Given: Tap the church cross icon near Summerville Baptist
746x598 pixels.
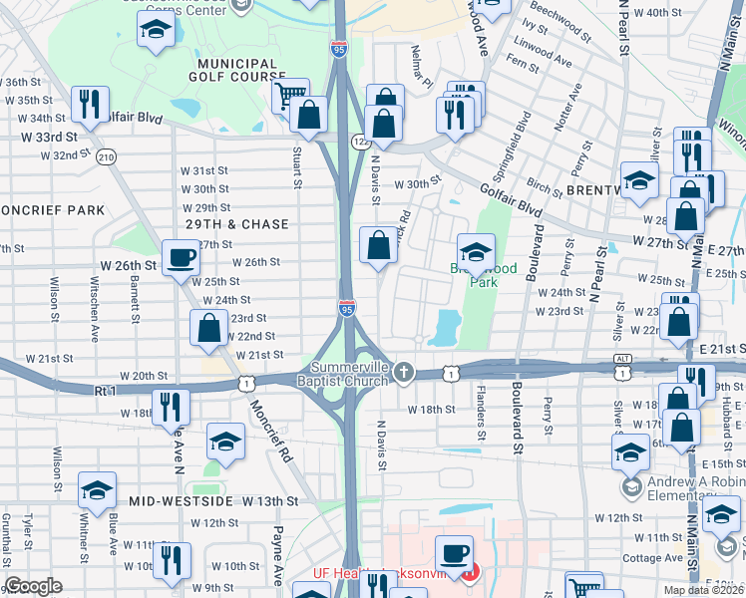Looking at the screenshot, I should click(x=403, y=373).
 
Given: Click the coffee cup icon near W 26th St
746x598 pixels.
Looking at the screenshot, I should click(x=182, y=258).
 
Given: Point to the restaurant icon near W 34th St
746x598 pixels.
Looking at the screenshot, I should click(x=91, y=104).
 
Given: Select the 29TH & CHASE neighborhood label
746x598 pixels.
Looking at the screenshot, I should click(x=236, y=224).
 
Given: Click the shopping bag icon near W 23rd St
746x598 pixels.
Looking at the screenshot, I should click(x=209, y=328).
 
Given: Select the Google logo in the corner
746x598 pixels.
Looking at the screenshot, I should click(x=33, y=586).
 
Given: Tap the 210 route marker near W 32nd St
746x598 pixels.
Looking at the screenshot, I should click(x=107, y=156).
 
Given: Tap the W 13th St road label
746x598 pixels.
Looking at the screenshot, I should click(x=271, y=500).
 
